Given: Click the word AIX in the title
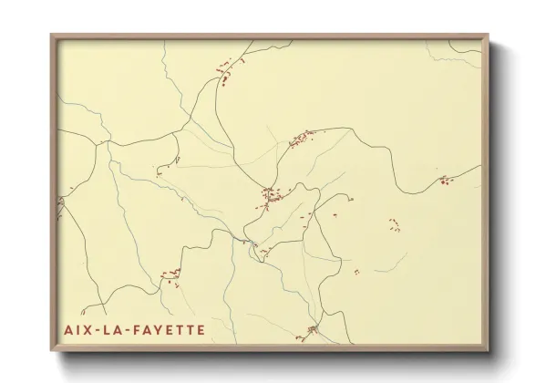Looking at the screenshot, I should [x=77, y=329].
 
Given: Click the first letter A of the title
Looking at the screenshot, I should [x=68, y=329].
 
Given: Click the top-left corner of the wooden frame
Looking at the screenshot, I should [x=51, y=36].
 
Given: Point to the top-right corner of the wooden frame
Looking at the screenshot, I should [x=489, y=36].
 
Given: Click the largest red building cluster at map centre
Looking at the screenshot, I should [x=269, y=194].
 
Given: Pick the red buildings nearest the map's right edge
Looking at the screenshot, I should [x=444, y=181].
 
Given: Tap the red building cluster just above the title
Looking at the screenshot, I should [x=170, y=273].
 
